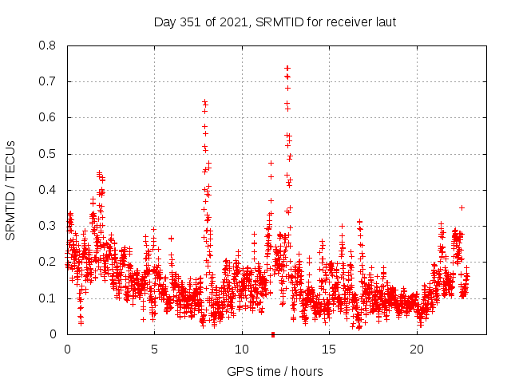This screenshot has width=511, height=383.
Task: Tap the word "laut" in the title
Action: pos(383,22)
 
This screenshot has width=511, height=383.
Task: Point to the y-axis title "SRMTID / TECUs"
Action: pos(11,190)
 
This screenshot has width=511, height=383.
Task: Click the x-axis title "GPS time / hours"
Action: pos(275,371)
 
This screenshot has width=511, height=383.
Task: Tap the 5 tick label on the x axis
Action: pos(154,349)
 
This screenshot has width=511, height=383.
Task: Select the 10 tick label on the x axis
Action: pos(242,349)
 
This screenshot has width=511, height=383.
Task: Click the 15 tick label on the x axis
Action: pos(330,349)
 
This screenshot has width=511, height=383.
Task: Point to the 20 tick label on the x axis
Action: pos(417,349)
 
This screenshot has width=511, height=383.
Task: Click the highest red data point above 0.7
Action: pos(287,68)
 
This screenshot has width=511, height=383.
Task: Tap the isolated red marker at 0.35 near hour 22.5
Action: pos(461,207)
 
